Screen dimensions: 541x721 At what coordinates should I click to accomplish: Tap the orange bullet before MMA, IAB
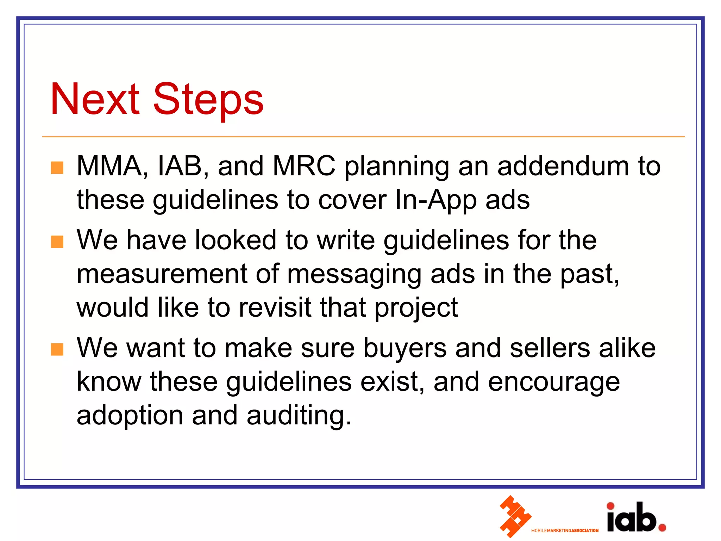pyautogui.click(x=57, y=168)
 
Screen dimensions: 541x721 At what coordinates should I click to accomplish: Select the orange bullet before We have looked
pyautogui.click(x=57, y=242)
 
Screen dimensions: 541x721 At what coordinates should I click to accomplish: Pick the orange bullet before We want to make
pyautogui.click(x=57, y=350)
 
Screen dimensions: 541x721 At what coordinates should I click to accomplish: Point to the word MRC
pyautogui.click(x=304, y=166)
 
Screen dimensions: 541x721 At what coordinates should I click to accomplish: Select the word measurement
pyautogui.click(x=162, y=274)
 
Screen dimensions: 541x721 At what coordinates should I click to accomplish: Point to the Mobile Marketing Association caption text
pyautogui.click(x=565, y=530)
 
